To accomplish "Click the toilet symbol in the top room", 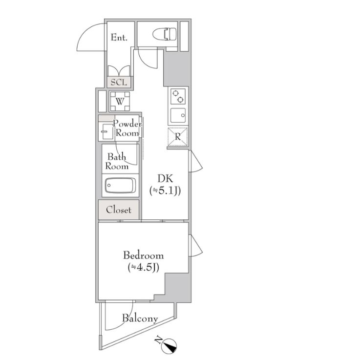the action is [x=165, y=34].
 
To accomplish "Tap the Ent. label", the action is [x=119, y=37].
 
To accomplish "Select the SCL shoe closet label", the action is [x=119, y=82].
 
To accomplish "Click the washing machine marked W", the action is [x=120, y=101].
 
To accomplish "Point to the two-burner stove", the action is [x=178, y=96].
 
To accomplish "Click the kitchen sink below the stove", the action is [x=178, y=115].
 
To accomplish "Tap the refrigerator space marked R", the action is [x=177, y=137].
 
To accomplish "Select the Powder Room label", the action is [x=127, y=128].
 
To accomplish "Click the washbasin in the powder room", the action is [x=106, y=131].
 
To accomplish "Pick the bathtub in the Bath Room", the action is [x=120, y=186].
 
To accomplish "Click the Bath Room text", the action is [x=117, y=162].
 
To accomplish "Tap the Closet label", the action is [x=119, y=210].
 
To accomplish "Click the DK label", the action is [x=165, y=179].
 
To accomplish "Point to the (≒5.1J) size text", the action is [x=165, y=191].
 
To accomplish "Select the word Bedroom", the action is [x=144, y=255].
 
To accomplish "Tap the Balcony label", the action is [x=140, y=318].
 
